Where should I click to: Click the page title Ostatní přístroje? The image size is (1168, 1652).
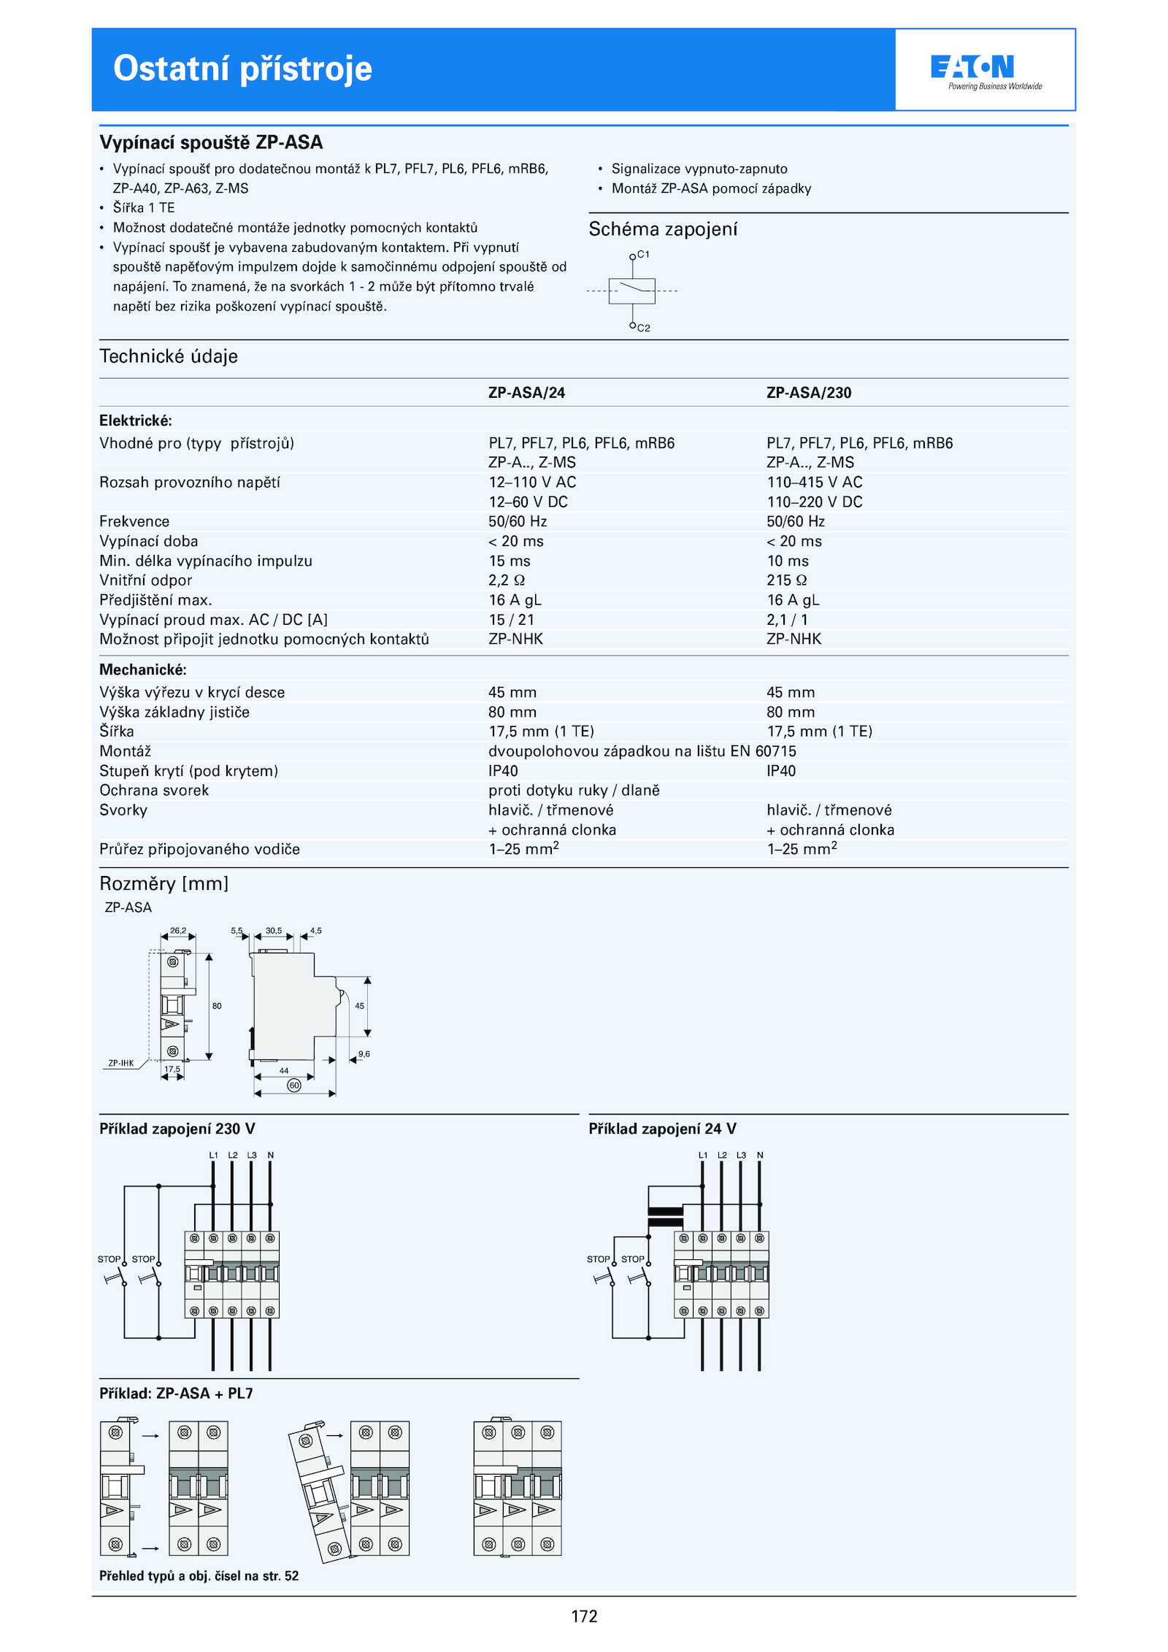pyautogui.click(x=242, y=69)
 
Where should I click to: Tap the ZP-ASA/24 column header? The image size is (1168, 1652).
pyautogui.click(x=526, y=393)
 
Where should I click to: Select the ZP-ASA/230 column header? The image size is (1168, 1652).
pyautogui.click(x=809, y=393)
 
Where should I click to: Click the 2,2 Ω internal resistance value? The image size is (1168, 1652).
pyautogui.click(x=507, y=580)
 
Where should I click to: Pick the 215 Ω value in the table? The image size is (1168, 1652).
pyautogui.click(x=786, y=580)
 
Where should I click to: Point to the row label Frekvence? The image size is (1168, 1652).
pyautogui.click(x=134, y=521)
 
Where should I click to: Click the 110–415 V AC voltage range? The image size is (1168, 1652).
pyautogui.click(x=814, y=482)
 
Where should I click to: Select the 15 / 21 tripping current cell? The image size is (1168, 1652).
pyautogui.click(x=511, y=620)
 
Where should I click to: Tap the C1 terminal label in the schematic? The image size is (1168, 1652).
pyautogui.click(x=643, y=254)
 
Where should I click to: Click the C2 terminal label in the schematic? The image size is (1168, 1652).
pyautogui.click(x=643, y=328)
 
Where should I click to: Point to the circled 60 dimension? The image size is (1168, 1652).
pyautogui.click(x=294, y=1086)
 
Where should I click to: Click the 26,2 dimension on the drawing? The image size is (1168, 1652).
pyautogui.click(x=178, y=931)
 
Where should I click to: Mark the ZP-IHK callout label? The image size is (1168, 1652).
pyautogui.click(x=121, y=1063)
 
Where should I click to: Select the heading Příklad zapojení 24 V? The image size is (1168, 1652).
pyautogui.click(x=662, y=1129)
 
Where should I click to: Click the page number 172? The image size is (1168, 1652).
pyautogui.click(x=584, y=1616)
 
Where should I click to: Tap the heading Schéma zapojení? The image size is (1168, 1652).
pyautogui.click(x=663, y=229)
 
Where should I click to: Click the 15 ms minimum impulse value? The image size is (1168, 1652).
pyautogui.click(x=510, y=561)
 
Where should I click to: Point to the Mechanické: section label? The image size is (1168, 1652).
pyautogui.click(x=143, y=669)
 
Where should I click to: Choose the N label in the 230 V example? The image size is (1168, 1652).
pyautogui.click(x=271, y=1155)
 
